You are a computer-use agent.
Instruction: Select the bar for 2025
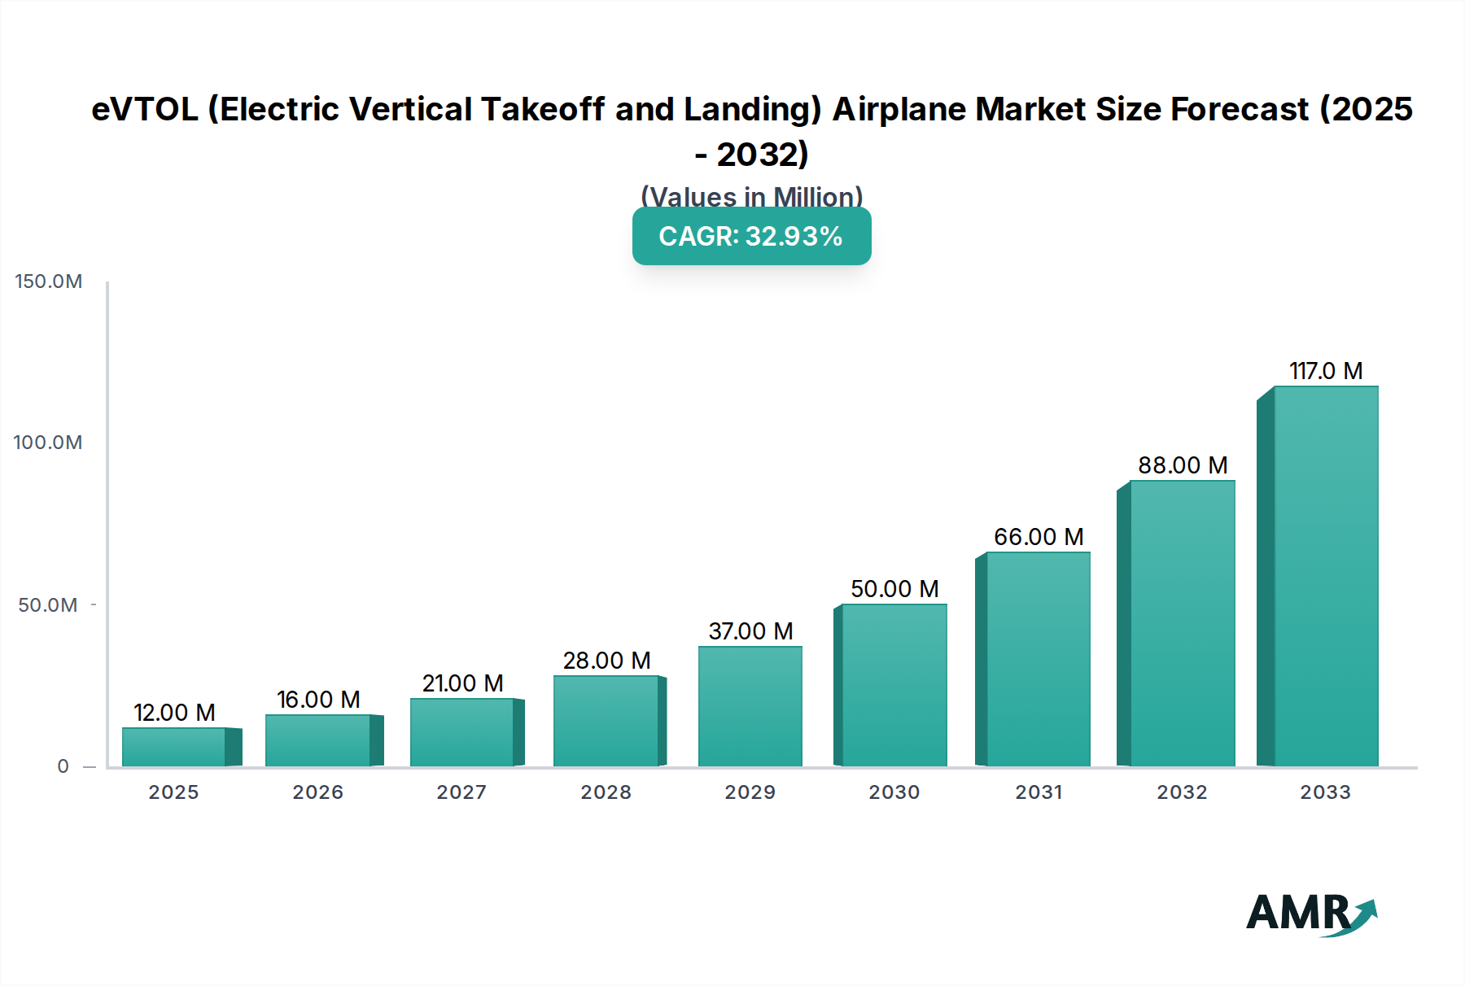click(174, 747)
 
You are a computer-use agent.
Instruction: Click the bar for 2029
click(750, 706)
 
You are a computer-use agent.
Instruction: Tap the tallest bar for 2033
click(1325, 576)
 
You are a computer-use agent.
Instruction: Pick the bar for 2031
click(1038, 659)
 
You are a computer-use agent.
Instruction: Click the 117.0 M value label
click(1326, 371)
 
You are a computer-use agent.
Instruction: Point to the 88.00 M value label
click(1183, 465)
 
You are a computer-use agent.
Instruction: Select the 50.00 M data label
click(894, 589)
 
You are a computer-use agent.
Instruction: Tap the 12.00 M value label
click(174, 713)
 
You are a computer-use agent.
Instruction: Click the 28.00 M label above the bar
click(606, 661)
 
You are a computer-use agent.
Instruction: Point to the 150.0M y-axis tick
click(49, 281)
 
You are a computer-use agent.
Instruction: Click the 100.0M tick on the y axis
click(48, 443)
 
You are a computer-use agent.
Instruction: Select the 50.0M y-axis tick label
click(48, 605)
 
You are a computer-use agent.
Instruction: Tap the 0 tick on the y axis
click(63, 766)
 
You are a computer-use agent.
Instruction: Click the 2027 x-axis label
click(461, 792)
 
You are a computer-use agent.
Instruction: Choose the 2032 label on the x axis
click(1182, 792)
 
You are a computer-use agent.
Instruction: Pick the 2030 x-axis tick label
click(894, 792)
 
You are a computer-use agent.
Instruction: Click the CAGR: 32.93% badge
click(751, 236)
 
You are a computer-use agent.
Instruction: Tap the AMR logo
click(1310, 914)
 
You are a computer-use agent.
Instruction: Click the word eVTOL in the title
click(145, 109)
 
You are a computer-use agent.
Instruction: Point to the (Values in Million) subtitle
click(751, 196)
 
